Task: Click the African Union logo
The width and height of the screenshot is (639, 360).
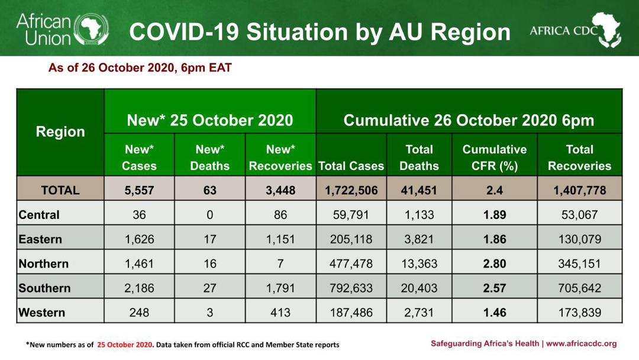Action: pyautogui.click(x=62, y=29)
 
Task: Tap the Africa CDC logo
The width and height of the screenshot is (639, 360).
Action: pyautogui.click(x=575, y=30)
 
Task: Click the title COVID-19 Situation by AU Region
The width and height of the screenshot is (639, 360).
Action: pyautogui.click(x=319, y=32)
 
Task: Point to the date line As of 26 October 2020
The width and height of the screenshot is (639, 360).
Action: pyautogui.click(x=140, y=68)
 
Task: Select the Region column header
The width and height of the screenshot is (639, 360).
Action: pyautogui.click(x=60, y=132)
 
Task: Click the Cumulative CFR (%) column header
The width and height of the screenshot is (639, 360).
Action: pyautogui.click(x=494, y=157)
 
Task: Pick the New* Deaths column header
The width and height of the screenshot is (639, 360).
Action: pyautogui.click(x=209, y=157)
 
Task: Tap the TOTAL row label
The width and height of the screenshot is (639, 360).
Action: pyautogui.click(x=60, y=190)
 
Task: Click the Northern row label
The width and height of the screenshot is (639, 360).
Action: pyautogui.click(x=44, y=263)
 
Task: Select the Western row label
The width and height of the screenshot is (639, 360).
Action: pyautogui.click(x=42, y=312)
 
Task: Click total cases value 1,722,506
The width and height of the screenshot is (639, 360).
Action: pyautogui.click(x=351, y=190)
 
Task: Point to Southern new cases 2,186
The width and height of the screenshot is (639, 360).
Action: pyautogui.click(x=139, y=288)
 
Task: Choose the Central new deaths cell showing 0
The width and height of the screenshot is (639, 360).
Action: pyautogui.click(x=209, y=214)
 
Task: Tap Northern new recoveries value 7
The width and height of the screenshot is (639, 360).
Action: pyautogui.click(x=280, y=263)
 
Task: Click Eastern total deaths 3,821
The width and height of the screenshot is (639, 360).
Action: pyautogui.click(x=419, y=239)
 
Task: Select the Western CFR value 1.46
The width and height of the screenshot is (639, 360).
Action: pyautogui.click(x=494, y=312)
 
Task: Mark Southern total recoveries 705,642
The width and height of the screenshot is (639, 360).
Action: pyautogui.click(x=579, y=288)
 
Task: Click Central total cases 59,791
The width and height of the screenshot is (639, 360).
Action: pyautogui.click(x=351, y=214)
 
